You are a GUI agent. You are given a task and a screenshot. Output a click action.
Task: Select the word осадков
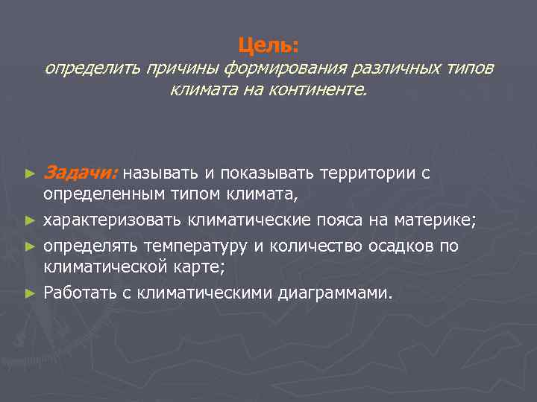click(x=402, y=246)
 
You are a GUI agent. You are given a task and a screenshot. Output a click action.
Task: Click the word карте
click(x=201, y=266)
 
